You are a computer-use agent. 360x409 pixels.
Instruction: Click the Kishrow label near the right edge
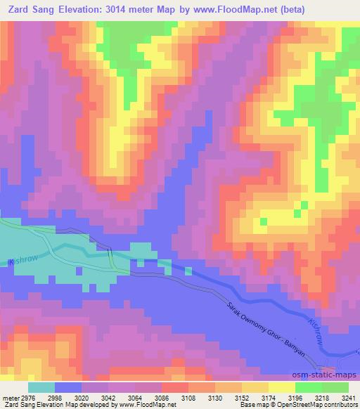[x=317, y=331]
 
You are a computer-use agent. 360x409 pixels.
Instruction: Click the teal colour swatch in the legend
[x=41, y=387]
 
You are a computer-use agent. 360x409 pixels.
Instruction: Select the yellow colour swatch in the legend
[x=281, y=387]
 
